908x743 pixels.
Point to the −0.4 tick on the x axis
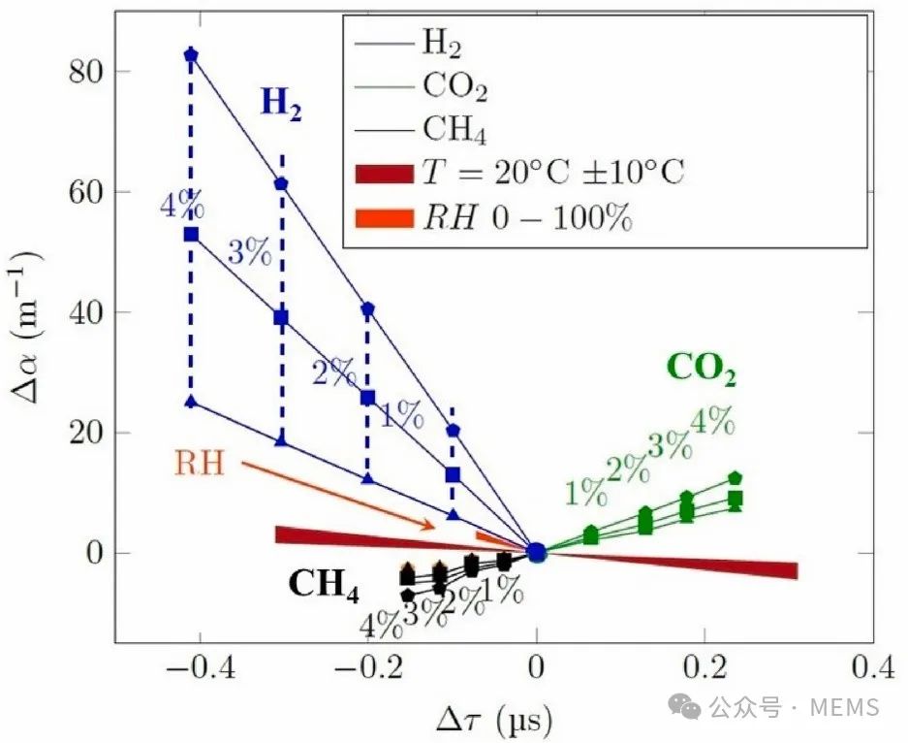(x=191, y=668)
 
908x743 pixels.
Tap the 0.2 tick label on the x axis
(x=705, y=668)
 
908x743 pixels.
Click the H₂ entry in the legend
(x=441, y=42)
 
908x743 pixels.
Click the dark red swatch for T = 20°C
(x=385, y=174)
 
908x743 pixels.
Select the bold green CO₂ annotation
(x=701, y=369)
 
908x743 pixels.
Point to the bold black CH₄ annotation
(x=324, y=584)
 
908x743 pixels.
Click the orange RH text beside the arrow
(x=200, y=463)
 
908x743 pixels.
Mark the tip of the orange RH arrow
(x=435, y=527)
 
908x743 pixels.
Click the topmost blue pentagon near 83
(x=191, y=54)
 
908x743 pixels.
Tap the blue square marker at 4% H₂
(x=191, y=234)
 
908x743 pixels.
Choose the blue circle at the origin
(x=537, y=552)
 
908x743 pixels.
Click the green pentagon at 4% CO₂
(x=736, y=477)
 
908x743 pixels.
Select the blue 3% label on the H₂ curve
(x=249, y=253)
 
